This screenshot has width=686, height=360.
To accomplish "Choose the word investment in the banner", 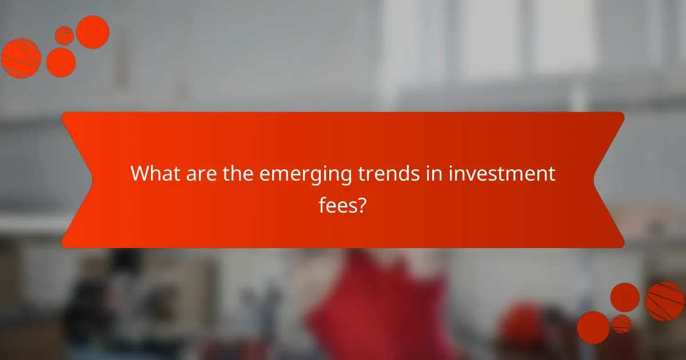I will click(501, 174).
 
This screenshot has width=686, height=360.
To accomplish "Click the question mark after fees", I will click(361, 205).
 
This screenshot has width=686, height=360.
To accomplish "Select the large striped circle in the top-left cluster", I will click(21, 58).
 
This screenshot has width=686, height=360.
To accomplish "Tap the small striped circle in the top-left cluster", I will click(65, 35).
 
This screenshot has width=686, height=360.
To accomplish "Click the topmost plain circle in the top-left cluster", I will click(93, 32).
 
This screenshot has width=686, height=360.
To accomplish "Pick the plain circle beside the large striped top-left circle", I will click(61, 62).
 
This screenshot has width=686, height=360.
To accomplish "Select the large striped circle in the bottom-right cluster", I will click(665, 301).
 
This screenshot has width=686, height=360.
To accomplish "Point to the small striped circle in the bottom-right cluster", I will click(621, 323).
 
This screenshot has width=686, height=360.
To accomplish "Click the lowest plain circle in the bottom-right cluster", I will click(593, 327).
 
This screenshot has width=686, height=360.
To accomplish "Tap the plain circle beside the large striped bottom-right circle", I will click(625, 297).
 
